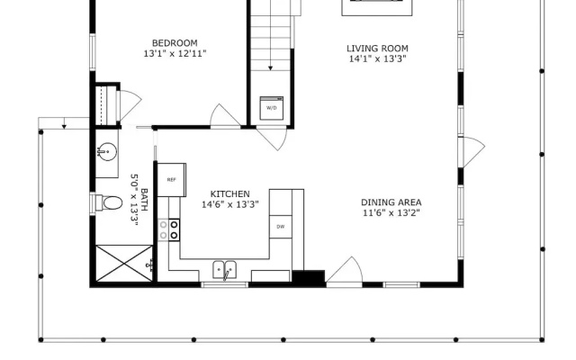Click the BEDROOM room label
point(175,43)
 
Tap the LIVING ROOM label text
point(377,49)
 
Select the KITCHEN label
point(230,194)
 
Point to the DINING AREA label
point(391,202)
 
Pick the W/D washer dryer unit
point(272,108)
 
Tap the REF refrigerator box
point(172,180)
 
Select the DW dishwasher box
point(281,227)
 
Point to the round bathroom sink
point(107,152)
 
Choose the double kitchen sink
point(225,270)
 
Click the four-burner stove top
point(169,230)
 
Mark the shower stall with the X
point(124,264)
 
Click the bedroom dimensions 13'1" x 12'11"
point(175,54)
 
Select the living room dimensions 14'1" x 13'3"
point(377,58)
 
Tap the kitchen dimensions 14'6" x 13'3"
point(230,204)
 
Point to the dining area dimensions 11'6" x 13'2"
point(391,212)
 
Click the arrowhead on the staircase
point(270,68)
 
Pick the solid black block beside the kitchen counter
point(309,277)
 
